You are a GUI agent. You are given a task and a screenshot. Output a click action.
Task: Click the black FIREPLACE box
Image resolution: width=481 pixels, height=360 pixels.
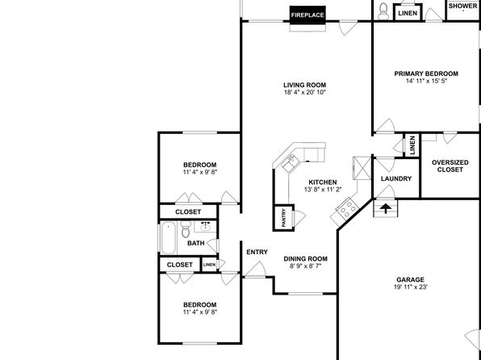[x=307, y=15]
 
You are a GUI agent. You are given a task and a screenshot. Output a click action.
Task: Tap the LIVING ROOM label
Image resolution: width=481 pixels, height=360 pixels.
[x=304, y=85]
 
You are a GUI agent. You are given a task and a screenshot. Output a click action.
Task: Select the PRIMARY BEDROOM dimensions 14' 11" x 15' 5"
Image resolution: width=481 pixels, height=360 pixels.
[x=426, y=81]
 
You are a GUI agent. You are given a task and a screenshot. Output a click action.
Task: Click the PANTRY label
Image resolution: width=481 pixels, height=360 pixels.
[x=284, y=218]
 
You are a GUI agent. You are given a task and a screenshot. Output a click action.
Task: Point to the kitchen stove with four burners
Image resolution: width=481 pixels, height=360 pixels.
[x=347, y=209]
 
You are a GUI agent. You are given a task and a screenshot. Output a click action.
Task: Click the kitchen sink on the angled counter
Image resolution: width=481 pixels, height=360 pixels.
[x=290, y=163]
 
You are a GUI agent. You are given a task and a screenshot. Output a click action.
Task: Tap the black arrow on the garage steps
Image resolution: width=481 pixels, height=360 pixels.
[x=385, y=209]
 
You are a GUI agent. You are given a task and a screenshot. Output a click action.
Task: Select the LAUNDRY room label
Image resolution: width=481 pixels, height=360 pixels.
[x=396, y=178]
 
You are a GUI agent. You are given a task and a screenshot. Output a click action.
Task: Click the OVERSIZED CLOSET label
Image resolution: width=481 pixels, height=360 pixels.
[x=450, y=165]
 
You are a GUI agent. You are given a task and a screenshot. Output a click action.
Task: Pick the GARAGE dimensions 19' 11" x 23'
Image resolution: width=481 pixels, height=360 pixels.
[x=410, y=287]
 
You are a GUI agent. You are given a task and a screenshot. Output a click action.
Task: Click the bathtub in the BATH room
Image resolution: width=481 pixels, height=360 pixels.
[x=168, y=238]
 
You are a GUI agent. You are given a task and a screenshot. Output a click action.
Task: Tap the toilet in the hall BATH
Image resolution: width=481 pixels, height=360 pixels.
[x=186, y=229]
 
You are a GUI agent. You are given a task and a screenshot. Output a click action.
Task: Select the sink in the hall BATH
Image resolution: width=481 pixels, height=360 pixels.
[x=205, y=227]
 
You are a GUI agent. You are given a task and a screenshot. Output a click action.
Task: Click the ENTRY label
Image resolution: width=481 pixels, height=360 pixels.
[x=257, y=252]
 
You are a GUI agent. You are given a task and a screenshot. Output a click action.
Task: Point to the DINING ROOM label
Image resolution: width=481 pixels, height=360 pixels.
[x=305, y=259]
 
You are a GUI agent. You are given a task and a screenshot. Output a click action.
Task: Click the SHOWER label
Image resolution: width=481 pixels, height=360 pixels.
[x=463, y=6]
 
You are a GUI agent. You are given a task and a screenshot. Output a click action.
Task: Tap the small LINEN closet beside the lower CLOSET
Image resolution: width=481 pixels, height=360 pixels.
[x=210, y=265]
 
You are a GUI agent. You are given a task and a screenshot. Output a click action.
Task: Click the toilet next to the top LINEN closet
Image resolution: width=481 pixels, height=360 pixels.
[x=383, y=11]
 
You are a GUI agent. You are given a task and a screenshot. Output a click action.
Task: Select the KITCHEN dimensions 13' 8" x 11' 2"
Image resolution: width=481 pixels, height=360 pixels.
[x=323, y=190]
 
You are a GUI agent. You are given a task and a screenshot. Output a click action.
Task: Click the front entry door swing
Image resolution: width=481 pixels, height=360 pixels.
[x=256, y=270]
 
